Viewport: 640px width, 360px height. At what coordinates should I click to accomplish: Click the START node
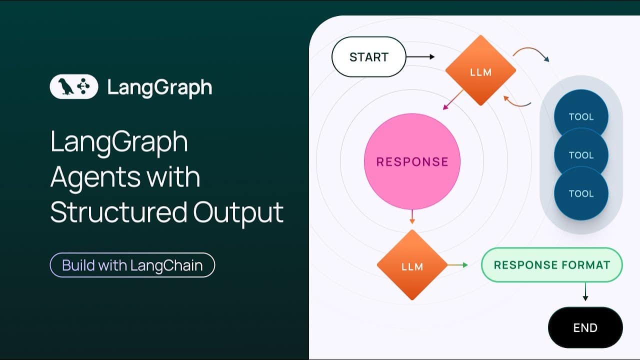[x=369, y=57]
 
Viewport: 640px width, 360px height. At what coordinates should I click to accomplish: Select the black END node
[x=585, y=327]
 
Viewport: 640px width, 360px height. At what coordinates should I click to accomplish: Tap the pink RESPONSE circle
[x=412, y=161]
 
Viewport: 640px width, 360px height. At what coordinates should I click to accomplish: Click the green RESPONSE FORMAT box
[x=552, y=265]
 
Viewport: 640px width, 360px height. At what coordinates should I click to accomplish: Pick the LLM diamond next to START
[x=480, y=70]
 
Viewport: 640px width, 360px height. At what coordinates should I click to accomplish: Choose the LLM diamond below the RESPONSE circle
[x=412, y=265]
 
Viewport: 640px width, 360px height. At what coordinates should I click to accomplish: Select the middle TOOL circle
[x=581, y=155]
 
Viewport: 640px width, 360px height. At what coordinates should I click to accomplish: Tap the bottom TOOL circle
[x=581, y=193]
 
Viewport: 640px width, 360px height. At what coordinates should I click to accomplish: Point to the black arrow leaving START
[x=420, y=57]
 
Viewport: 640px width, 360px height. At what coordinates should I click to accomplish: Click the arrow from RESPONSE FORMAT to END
[x=585, y=291]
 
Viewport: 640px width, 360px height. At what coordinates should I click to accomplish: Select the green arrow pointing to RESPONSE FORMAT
[x=457, y=265]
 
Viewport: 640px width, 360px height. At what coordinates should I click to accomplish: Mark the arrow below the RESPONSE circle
[x=412, y=217]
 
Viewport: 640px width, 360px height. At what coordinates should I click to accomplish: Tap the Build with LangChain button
[x=132, y=265]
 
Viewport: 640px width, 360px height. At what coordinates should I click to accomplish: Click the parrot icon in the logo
[x=66, y=86]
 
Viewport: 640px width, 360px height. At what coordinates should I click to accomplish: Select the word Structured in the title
[x=118, y=212]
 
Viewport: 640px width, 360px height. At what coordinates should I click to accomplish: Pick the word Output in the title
[x=238, y=213]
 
